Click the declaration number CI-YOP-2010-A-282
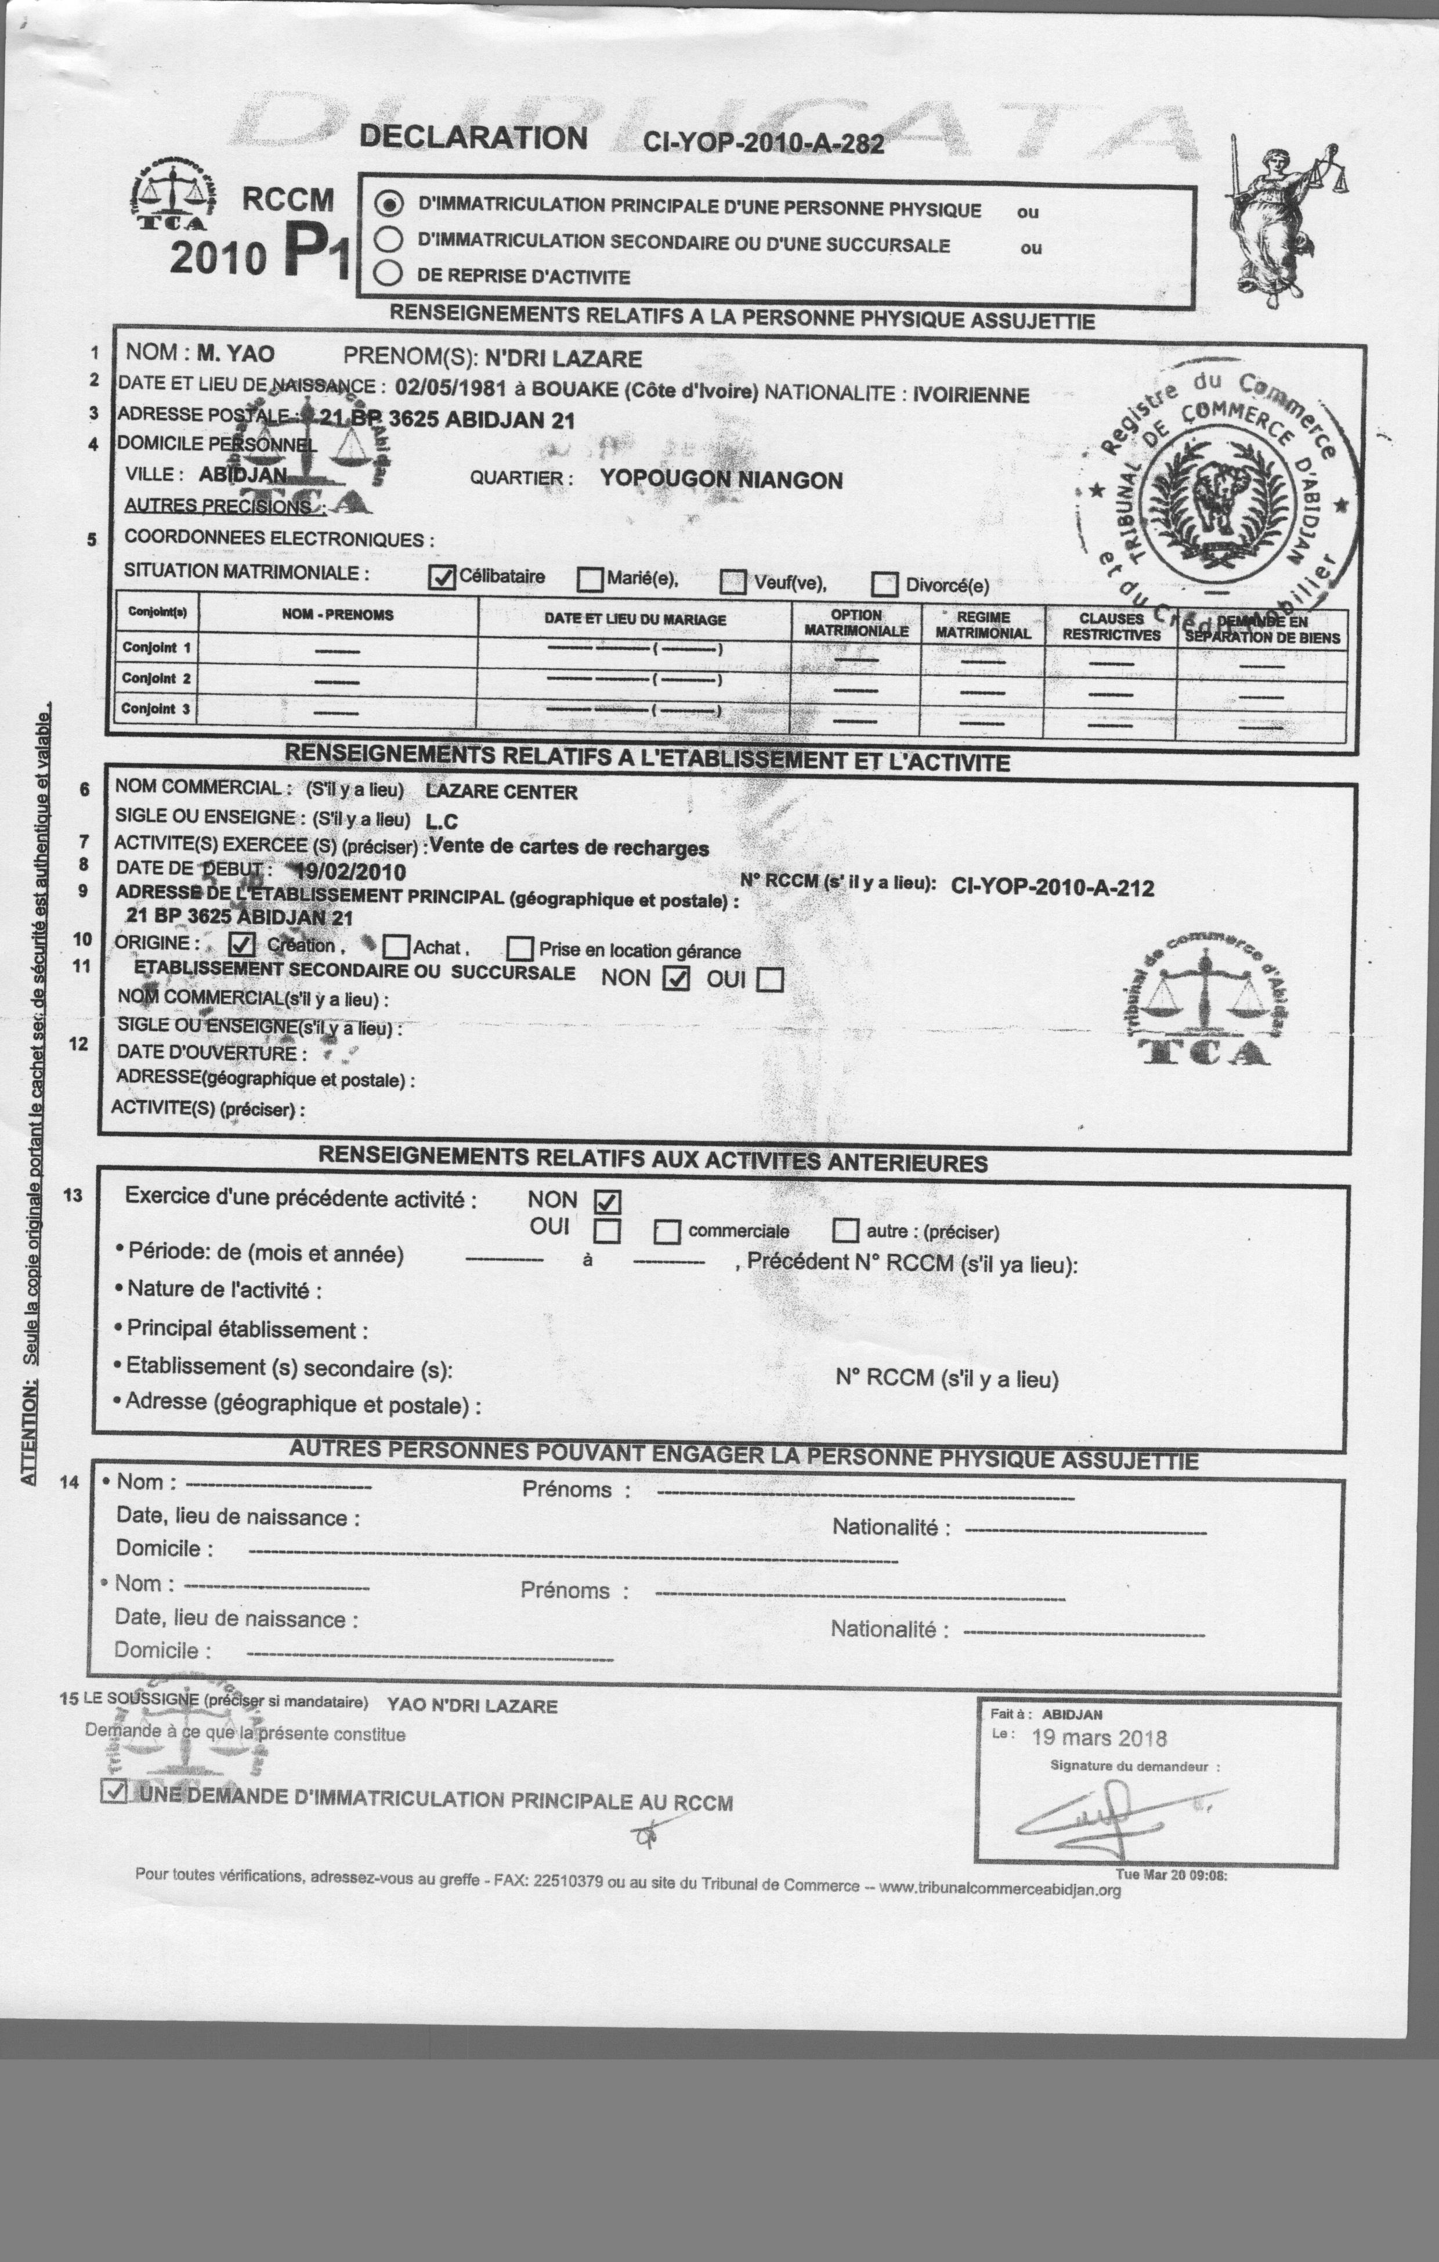762,143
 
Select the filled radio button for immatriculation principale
389,204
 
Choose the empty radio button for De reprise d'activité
388,273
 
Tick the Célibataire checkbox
442,578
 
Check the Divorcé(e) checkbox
884,585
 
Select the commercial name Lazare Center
501,792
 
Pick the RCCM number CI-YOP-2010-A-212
1052,888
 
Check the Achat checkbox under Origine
396,947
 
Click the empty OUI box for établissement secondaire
770,980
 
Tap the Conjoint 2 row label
156,678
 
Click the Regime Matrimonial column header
982,626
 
